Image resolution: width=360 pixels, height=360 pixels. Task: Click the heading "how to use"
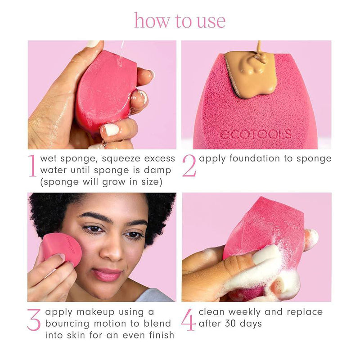180,21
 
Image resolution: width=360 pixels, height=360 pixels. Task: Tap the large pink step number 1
32,166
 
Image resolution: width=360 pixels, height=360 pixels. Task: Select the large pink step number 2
189,166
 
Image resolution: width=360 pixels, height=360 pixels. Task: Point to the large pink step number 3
34,319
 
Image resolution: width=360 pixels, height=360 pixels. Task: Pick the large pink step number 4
188,319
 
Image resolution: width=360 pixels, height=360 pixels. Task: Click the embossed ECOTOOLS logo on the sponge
256,134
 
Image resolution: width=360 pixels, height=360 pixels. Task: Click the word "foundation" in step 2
255,158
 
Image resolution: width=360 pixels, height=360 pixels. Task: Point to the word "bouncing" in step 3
67,324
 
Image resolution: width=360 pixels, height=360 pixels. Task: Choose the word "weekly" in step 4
244,312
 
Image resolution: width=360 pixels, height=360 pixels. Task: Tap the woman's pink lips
107,274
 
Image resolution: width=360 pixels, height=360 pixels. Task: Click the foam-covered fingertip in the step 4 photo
311,239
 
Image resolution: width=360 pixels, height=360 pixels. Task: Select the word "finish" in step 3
162,335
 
